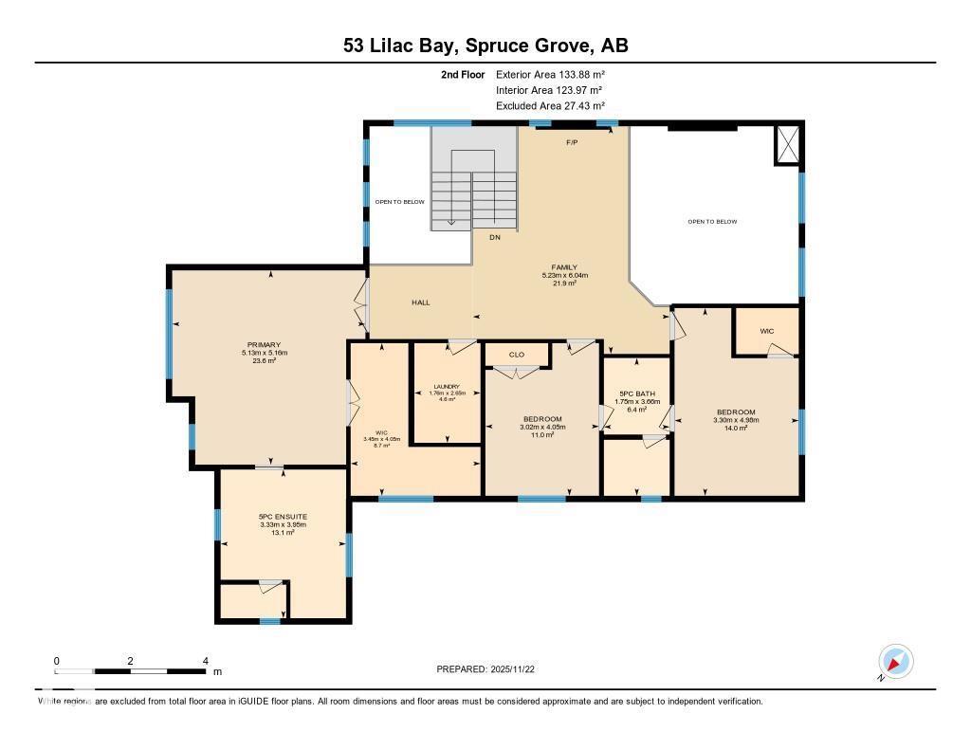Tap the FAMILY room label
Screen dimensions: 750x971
pos(565,267)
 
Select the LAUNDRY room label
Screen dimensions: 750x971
pos(446,387)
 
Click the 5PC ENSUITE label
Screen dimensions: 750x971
pos(283,517)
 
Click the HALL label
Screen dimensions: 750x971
pos(421,302)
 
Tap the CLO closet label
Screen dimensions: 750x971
pos(517,355)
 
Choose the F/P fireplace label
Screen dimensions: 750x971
pos(572,142)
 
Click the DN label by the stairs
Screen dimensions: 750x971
pos(495,237)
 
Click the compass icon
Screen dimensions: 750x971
pos(895,661)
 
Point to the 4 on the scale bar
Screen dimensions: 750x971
pos(205,660)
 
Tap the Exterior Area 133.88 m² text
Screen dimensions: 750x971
pos(550,74)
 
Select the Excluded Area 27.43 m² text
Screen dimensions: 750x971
pos(550,106)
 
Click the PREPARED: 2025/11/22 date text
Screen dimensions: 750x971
pos(485,669)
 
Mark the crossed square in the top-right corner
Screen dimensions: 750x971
pos(787,144)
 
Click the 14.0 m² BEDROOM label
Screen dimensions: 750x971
pos(736,412)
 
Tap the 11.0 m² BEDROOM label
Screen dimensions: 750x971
pos(542,419)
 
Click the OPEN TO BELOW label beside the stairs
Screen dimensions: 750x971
pos(399,202)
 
